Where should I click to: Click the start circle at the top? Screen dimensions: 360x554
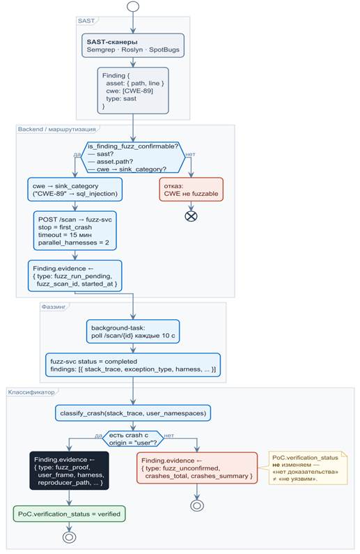tap(133, 6)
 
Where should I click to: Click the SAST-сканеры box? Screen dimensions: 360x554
tap(133, 45)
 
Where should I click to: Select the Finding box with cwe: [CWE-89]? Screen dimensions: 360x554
tap(133, 91)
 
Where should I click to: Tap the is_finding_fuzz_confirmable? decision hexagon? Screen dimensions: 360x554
tap(133, 157)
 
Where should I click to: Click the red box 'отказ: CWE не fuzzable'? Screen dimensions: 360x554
tap(191, 190)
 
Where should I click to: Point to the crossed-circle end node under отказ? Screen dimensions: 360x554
tap(191, 216)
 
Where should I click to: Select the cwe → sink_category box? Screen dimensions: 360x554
tap(75, 190)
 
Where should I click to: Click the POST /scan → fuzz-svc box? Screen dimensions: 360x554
tap(75, 231)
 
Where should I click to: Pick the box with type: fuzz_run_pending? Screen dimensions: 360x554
tap(75, 276)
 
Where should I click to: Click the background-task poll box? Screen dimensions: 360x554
tap(133, 332)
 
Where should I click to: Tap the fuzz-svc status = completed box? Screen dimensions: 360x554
tap(133, 365)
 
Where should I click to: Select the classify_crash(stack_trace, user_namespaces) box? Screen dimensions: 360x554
tap(133, 413)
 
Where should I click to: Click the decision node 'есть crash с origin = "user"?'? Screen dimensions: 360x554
tap(133, 439)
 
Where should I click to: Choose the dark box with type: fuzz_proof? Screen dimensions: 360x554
tap(69, 470)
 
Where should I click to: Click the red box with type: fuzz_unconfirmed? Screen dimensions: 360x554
tap(197, 468)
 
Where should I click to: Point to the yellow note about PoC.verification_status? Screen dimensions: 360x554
tap(308, 468)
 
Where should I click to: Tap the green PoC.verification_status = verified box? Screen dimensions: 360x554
tap(69, 514)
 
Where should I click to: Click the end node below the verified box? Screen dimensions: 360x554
tap(69, 537)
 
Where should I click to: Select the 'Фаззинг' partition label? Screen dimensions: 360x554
tap(54, 307)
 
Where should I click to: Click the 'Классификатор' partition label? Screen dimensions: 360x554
tap(31, 392)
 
